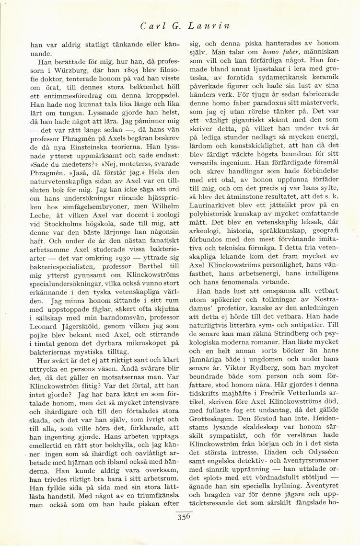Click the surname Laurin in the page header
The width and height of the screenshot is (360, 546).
[220, 26]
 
